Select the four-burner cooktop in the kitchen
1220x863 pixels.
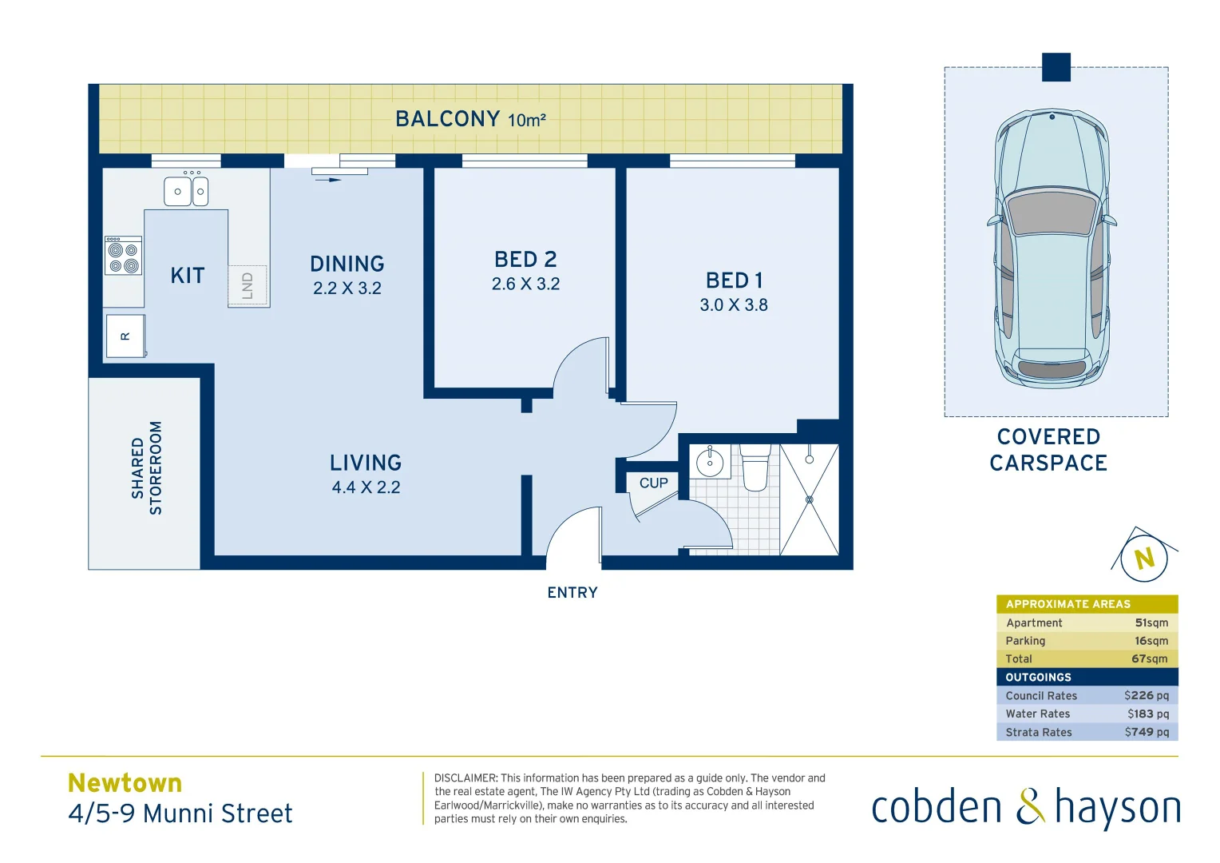(123, 257)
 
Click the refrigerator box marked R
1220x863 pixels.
(125, 336)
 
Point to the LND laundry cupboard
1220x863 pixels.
(248, 285)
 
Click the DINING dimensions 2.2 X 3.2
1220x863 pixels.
(347, 288)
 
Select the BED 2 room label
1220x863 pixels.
(525, 260)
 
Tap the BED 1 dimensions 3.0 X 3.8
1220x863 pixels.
(734, 305)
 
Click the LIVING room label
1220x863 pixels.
(366, 463)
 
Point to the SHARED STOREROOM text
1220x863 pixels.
(147, 468)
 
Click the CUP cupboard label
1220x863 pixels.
(653, 483)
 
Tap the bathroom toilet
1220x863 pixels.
(755, 468)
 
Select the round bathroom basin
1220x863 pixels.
(710, 462)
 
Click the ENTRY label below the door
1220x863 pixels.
(572, 593)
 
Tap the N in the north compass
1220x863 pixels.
(1144, 558)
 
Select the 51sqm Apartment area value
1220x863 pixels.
(1151, 622)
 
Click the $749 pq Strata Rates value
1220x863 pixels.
(1147, 732)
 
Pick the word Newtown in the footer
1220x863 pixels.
(125, 782)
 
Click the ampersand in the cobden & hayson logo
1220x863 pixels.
(1030, 807)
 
